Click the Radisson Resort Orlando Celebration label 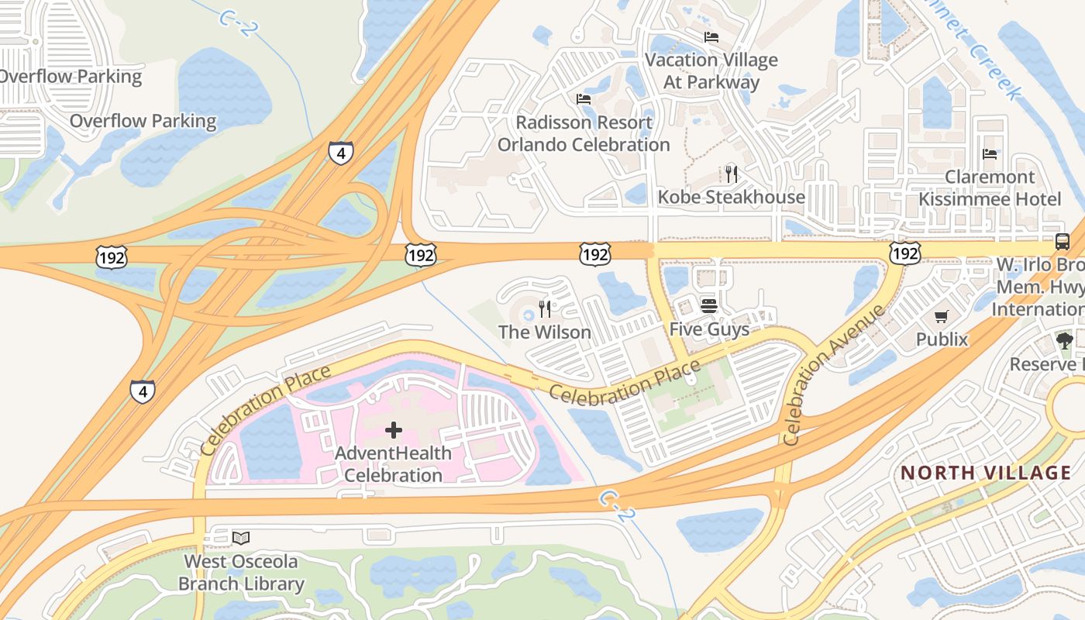(583, 133)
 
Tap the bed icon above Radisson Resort (584, 98)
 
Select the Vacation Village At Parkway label (711, 71)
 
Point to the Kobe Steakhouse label (731, 197)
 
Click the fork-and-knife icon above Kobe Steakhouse (730, 173)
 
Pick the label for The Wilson (544, 332)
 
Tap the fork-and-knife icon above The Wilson (545, 309)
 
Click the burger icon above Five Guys (709, 305)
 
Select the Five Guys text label (709, 329)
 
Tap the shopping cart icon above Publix (942, 316)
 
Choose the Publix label (942, 339)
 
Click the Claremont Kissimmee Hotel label (990, 188)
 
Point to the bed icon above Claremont (990, 154)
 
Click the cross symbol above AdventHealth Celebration (394, 429)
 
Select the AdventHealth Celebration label (393, 463)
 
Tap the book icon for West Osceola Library (241, 537)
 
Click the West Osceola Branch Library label (241, 572)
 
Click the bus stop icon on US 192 (1062, 241)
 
